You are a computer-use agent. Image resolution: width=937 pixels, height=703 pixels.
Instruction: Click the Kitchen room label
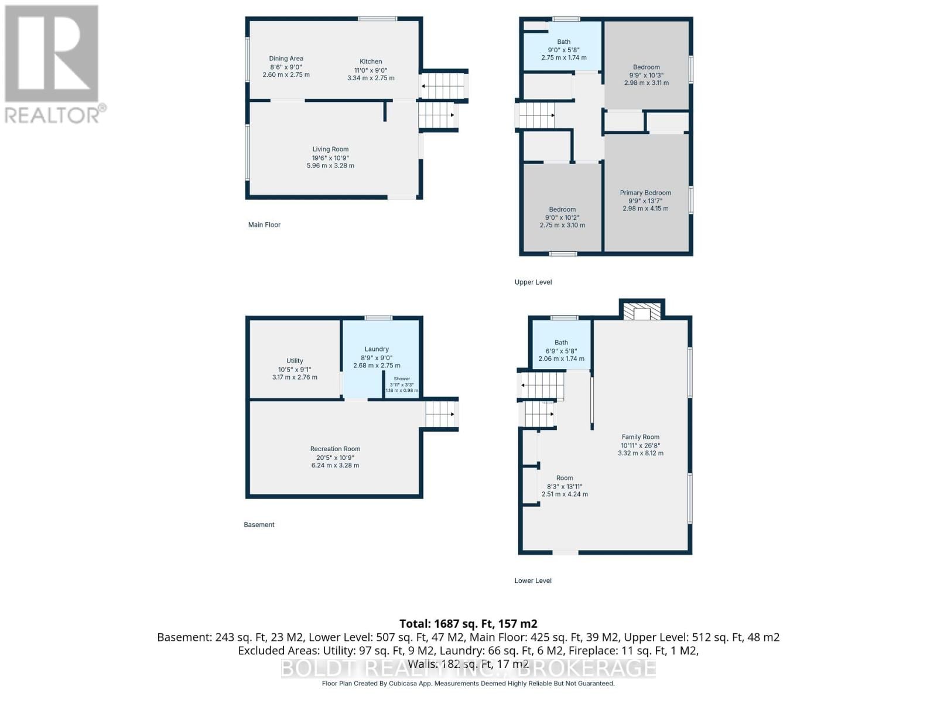pyautogui.click(x=371, y=62)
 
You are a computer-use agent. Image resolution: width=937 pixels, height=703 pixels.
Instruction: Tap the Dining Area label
pyautogui.click(x=286, y=59)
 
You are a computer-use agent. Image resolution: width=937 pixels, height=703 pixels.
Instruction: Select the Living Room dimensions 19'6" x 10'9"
pyautogui.click(x=330, y=158)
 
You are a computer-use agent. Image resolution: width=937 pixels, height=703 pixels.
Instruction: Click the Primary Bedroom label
pyautogui.click(x=645, y=193)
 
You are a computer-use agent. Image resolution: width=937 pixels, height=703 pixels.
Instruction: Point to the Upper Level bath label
pyautogui.click(x=563, y=42)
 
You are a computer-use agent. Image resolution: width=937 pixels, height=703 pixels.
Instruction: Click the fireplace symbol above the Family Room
pyautogui.click(x=642, y=311)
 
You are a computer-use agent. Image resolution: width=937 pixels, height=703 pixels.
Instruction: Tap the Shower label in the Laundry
pyautogui.click(x=402, y=379)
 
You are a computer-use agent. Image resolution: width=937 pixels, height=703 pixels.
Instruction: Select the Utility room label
pyautogui.click(x=295, y=361)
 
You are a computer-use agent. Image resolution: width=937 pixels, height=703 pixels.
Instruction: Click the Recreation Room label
pyautogui.click(x=335, y=449)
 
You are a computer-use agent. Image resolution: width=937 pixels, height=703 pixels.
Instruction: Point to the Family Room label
pyautogui.click(x=640, y=437)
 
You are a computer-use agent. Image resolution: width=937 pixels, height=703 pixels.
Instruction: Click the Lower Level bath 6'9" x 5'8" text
pyautogui.click(x=561, y=351)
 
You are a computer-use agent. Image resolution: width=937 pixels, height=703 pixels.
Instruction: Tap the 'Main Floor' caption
pyautogui.click(x=264, y=225)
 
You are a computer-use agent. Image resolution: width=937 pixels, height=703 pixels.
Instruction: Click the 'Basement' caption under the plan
pyautogui.click(x=259, y=525)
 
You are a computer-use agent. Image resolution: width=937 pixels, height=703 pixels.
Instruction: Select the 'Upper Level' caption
pyautogui.click(x=533, y=282)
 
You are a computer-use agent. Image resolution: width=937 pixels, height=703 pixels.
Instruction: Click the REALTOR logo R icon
pyautogui.click(x=52, y=54)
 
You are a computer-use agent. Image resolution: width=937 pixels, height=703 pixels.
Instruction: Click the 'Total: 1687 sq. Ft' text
pyautogui.click(x=468, y=624)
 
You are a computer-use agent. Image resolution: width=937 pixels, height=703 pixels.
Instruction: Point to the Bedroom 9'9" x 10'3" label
pyautogui.click(x=646, y=67)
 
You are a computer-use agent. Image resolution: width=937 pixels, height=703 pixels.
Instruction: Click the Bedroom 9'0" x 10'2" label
pyautogui.click(x=562, y=210)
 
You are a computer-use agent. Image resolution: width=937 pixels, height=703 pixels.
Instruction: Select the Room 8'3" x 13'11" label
pyautogui.click(x=565, y=478)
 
